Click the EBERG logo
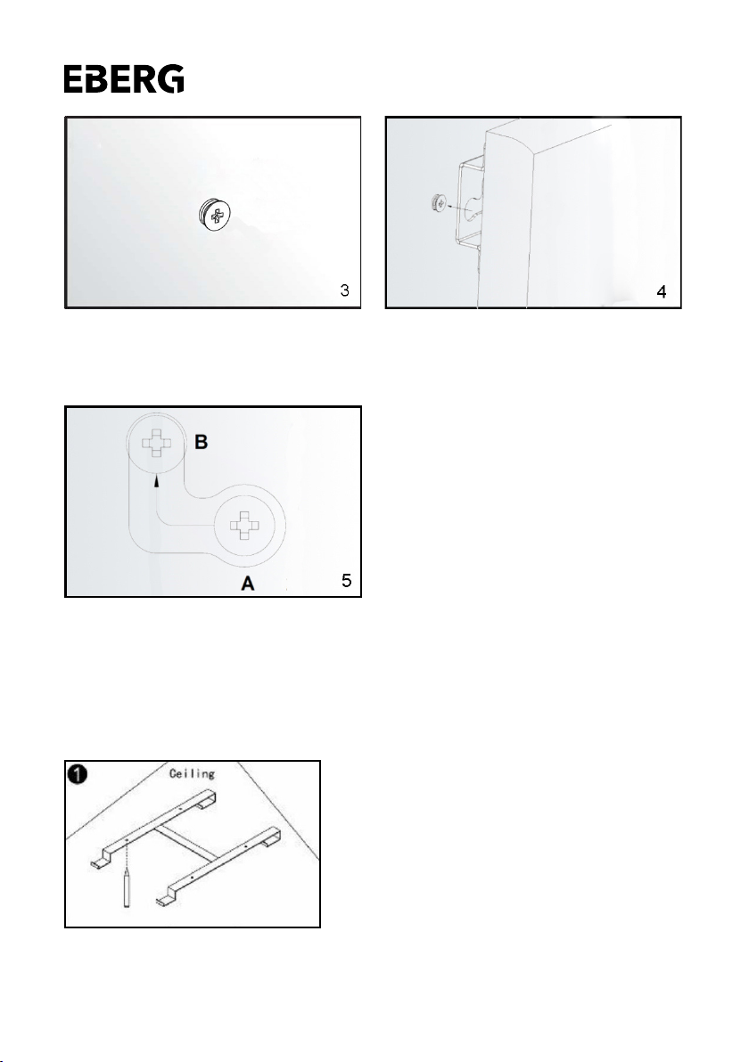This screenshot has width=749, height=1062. (123, 78)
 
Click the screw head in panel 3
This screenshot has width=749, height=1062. (214, 216)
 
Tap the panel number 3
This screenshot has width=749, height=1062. (345, 290)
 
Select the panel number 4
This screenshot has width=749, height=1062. (662, 292)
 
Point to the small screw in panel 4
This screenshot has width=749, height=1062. (438, 202)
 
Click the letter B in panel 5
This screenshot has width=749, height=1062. (202, 442)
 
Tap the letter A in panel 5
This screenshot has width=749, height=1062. (248, 583)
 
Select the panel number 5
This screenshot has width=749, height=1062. (346, 580)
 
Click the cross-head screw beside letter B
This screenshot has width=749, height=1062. (157, 442)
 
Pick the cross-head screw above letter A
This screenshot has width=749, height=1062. (244, 526)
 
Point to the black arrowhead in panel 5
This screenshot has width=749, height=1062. (157, 481)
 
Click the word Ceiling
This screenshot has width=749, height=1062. (192, 773)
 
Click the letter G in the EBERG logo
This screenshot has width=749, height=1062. (171, 78)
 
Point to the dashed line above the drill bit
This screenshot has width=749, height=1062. (126, 854)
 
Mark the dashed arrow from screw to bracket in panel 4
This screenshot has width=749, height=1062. (459, 205)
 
